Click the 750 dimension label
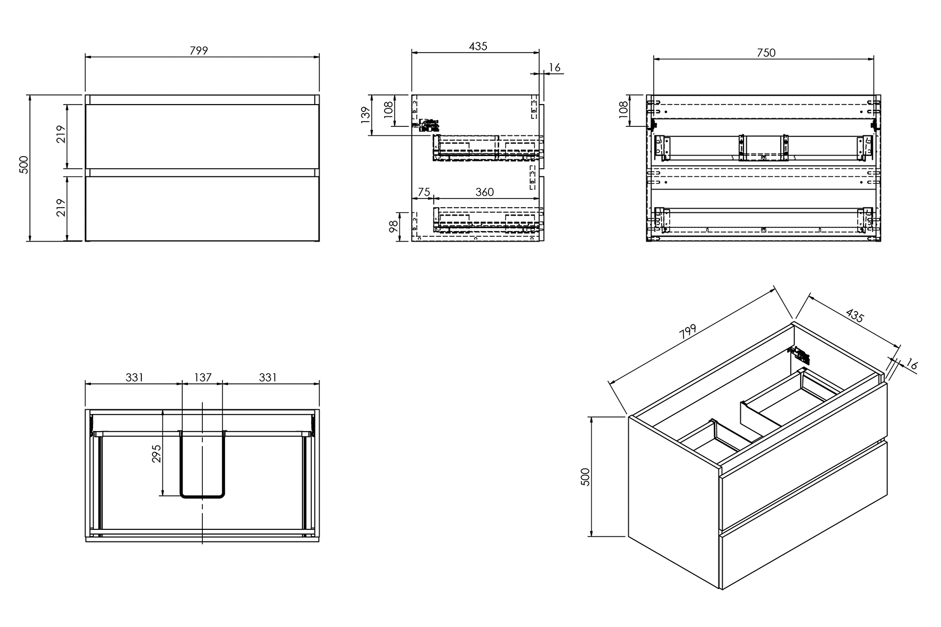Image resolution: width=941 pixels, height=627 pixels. (x=766, y=53)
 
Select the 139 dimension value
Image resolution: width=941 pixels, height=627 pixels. (x=365, y=115)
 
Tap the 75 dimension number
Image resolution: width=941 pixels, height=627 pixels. (x=423, y=192)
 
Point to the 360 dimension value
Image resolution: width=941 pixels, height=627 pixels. (x=484, y=192)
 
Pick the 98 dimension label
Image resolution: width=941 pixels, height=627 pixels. (x=393, y=227)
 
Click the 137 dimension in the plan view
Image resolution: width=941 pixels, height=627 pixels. (x=202, y=377)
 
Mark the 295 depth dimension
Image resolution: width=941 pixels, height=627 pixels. (x=157, y=453)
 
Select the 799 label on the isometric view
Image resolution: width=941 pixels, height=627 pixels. (x=688, y=332)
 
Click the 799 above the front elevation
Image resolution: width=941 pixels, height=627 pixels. (x=199, y=50)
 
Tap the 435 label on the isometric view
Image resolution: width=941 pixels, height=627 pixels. (x=854, y=315)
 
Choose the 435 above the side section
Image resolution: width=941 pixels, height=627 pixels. (x=478, y=46)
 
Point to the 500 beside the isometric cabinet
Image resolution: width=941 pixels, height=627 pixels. (x=586, y=476)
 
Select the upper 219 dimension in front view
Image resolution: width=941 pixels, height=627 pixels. (x=61, y=135)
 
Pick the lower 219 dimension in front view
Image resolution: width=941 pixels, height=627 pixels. (x=61, y=208)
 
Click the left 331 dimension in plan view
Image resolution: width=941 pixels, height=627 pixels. (x=134, y=377)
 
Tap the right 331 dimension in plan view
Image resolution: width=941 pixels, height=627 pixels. (x=268, y=377)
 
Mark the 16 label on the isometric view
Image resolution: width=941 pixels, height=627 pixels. (x=911, y=365)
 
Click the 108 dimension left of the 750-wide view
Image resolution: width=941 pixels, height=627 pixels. (x=623, y=109)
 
